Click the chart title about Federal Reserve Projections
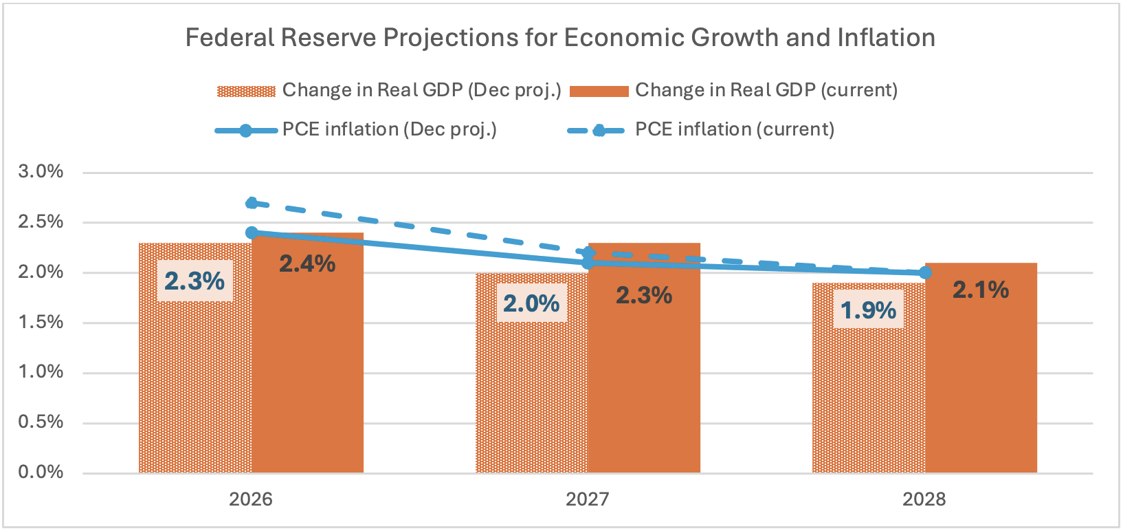pyautogui.click(x=560, y=38)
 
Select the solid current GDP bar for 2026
pyautogui.click(x=307, y=371)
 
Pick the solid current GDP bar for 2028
pyautogui.click(x=981, y=385)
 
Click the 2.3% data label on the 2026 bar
pyautogui.click(x=194, y=281)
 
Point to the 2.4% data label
pyautogui.click(x=307, y=263)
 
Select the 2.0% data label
pyautogui.click(x=531, y=303)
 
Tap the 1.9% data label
pyautogui.click(x=869, y=310)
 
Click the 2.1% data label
pyautogui.click(x=981, y=290)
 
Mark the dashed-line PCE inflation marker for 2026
pyautogui.click(x=252, y=203)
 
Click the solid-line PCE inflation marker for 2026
pyautogui.click(x=252, y=233)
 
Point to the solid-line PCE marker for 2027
pyautogui.click(x=588, y=263)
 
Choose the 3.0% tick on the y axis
pyautogui.click(x=41, y=172)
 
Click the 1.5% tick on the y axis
pyautogui.click(x=41, y=323)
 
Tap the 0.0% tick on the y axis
pyautogui.click(x=41, y=473)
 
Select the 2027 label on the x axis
pyautogui.click(x=588, y=499)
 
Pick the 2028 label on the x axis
pyautogui.click(x=924, y=499)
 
